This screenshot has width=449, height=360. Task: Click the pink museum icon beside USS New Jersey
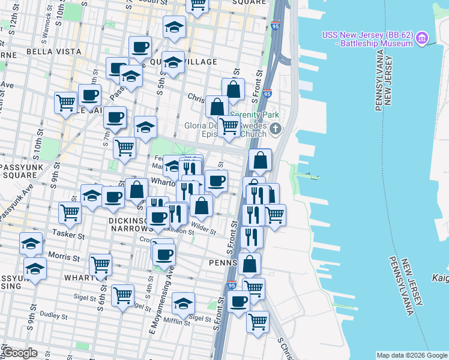[423, 39]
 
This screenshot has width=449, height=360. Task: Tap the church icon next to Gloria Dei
[276, 128]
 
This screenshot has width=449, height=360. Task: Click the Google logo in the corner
[20, 352]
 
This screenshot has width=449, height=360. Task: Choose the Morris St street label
[64, 257]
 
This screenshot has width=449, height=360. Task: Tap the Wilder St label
[203, 228]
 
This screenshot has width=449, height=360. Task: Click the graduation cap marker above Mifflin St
[183, 302]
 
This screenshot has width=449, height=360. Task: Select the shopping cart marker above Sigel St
[122, 295]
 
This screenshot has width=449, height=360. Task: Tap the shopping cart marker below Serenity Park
[228, 126]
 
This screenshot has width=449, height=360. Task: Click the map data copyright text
[411, 355]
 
